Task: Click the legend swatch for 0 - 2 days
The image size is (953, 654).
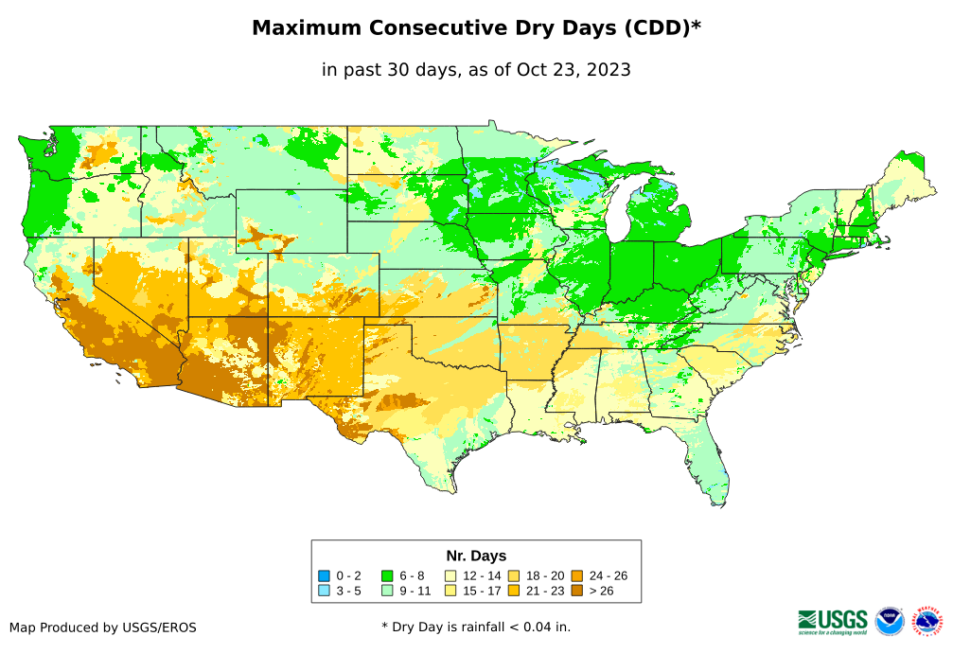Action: (x=324, y=575)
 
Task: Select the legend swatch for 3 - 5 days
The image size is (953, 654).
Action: (x=324, y=591)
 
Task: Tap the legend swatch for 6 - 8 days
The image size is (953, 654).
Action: (x=386, y=575)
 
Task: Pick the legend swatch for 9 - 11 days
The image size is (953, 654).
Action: (x=386, y=591)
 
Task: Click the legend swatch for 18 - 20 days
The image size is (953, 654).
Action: (x=513, y=575)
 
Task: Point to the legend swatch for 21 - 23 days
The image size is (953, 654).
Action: (x=513, y=591)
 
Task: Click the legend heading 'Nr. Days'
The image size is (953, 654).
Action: (x=476, y=556)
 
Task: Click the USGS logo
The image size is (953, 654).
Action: (x=833, y=621)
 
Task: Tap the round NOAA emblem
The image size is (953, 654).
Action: (x=890, y=621)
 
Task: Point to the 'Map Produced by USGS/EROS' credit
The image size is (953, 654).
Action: (x=103, y=627)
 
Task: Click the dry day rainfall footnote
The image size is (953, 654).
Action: (x=476, y=627)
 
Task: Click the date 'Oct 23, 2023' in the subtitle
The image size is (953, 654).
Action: (x=574, y=69)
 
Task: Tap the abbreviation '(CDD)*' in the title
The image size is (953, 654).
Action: (x=661, y=28)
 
